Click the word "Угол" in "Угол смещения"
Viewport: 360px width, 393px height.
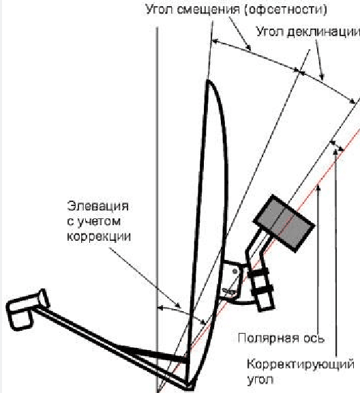pyautogui.click(x=160, y=10)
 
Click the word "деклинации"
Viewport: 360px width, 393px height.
pyautogui.click(x=323, y=32)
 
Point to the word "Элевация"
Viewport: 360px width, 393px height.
pyautogui.click(x=98, y=206)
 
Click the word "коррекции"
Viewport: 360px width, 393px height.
pyautogui.click(x=99, y=236)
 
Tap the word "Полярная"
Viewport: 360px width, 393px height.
pyautogui.click(x=269, y=338)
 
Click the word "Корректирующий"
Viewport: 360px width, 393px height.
pyautogui.click(x=301, y=364)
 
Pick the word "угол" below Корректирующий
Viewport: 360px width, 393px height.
pyautogui.click(x=260, y=379)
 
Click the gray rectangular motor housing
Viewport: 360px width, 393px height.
pyautogui.click(x=284, y=223)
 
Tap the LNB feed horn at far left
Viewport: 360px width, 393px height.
pyautogui.click(x=27, y=309)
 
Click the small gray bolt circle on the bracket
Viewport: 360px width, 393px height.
pyautogui.click(x=235, y=271)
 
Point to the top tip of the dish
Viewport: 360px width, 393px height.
pyautogui.click(x=208, y=81)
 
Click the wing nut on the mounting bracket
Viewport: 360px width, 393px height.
pyautogui.click(x=229, y=292)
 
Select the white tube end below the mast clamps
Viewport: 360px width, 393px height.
pyautogui.click(x=266, y=304)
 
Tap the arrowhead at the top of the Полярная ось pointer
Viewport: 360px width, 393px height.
pyautogui.click(x=318, y=188)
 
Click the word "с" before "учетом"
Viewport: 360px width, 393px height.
pyautogui.click(x=70, y=222)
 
